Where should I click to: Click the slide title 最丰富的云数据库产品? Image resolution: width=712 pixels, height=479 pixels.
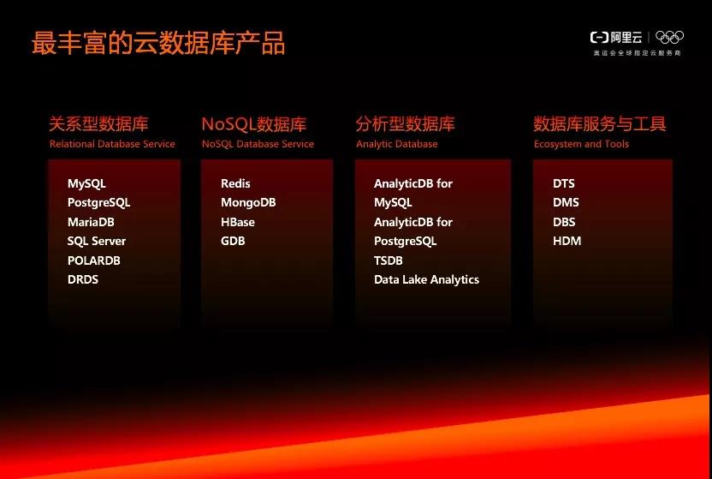pos(158,43)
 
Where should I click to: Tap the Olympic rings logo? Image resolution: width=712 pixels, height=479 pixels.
pos(669,37)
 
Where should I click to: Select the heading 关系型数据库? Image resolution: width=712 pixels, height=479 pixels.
pos(98,123)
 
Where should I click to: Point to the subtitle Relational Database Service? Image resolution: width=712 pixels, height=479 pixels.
pos(112,144)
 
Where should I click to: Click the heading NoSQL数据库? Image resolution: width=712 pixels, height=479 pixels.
pos(254,124)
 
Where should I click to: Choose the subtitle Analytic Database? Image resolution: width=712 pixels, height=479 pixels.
pos(396,144)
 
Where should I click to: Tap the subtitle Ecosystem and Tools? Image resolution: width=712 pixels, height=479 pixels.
pos(581,144)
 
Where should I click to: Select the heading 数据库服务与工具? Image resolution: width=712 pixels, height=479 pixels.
pos(600,123)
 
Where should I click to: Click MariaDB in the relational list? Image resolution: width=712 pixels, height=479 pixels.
pos(91,222)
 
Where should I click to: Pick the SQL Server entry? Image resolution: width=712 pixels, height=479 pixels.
pos(96,242)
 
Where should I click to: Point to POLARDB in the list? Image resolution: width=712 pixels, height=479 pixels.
pos(94,260)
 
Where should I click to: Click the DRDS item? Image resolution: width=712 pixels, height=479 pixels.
pos(83,279)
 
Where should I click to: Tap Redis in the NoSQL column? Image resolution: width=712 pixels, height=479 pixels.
pos(235,183)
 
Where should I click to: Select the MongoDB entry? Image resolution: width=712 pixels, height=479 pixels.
pos(248,203)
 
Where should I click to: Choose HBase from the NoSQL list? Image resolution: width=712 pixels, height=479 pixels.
pos(238,222)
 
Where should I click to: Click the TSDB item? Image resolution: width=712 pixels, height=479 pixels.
pos(389,260)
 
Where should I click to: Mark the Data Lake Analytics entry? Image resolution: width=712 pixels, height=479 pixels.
pos(426,280)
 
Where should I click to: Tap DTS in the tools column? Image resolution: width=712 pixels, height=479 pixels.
pos(563,183)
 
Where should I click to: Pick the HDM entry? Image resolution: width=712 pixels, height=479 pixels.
pos(567,241)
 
